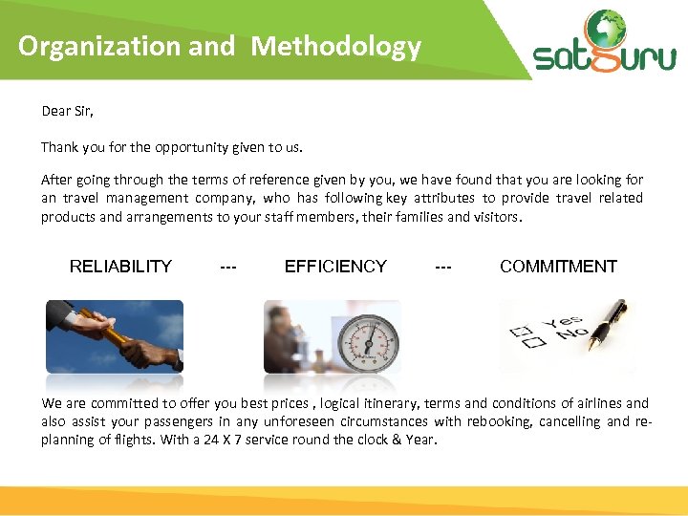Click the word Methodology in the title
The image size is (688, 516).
tap(335, 46)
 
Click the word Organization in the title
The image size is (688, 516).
tap(99, 46)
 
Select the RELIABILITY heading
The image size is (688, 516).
tap(120, 267)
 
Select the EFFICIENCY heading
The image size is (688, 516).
tap(335, 267)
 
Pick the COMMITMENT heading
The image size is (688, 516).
tap(558, 267)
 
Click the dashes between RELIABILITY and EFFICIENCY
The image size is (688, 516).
tap(228, 267)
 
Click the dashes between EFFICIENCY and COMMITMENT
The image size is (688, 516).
tap(443, 267)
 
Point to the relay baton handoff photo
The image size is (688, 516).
tap(115, 336)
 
